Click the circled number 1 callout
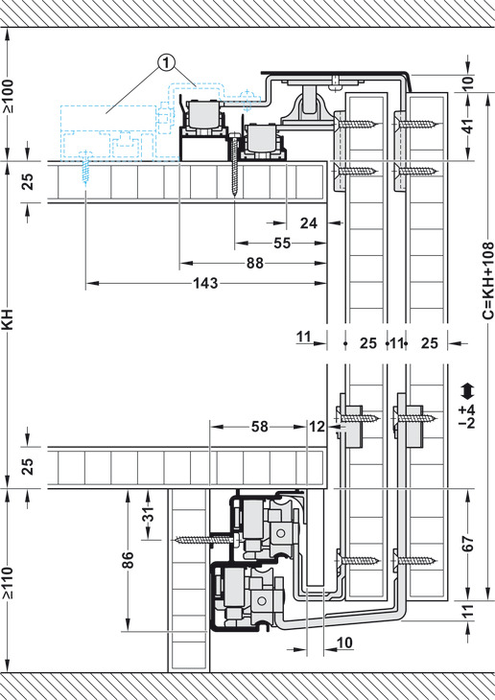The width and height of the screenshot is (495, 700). (166, 64)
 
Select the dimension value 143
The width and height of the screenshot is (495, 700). (205, 283)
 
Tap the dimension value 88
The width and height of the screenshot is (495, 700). (255, 264)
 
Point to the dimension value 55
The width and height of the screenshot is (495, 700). (281, 244)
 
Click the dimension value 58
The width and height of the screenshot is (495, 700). (260, 427)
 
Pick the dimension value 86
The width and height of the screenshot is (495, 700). (128, 561)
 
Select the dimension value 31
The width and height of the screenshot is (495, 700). (150, 514)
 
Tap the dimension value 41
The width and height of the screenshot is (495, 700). (468, 127)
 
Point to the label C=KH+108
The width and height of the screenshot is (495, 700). (488, 280)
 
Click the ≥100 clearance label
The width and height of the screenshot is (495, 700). (8, 96)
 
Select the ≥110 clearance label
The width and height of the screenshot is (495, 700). (8, 583)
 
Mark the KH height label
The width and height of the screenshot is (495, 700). (8, 319)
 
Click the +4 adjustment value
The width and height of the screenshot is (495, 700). (467, 410)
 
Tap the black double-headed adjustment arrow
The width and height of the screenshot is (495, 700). (467, 391)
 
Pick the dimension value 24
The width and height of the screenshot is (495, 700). (309, 222)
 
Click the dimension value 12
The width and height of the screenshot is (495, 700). (317, 427)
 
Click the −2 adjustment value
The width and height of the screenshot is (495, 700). (467, 422)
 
